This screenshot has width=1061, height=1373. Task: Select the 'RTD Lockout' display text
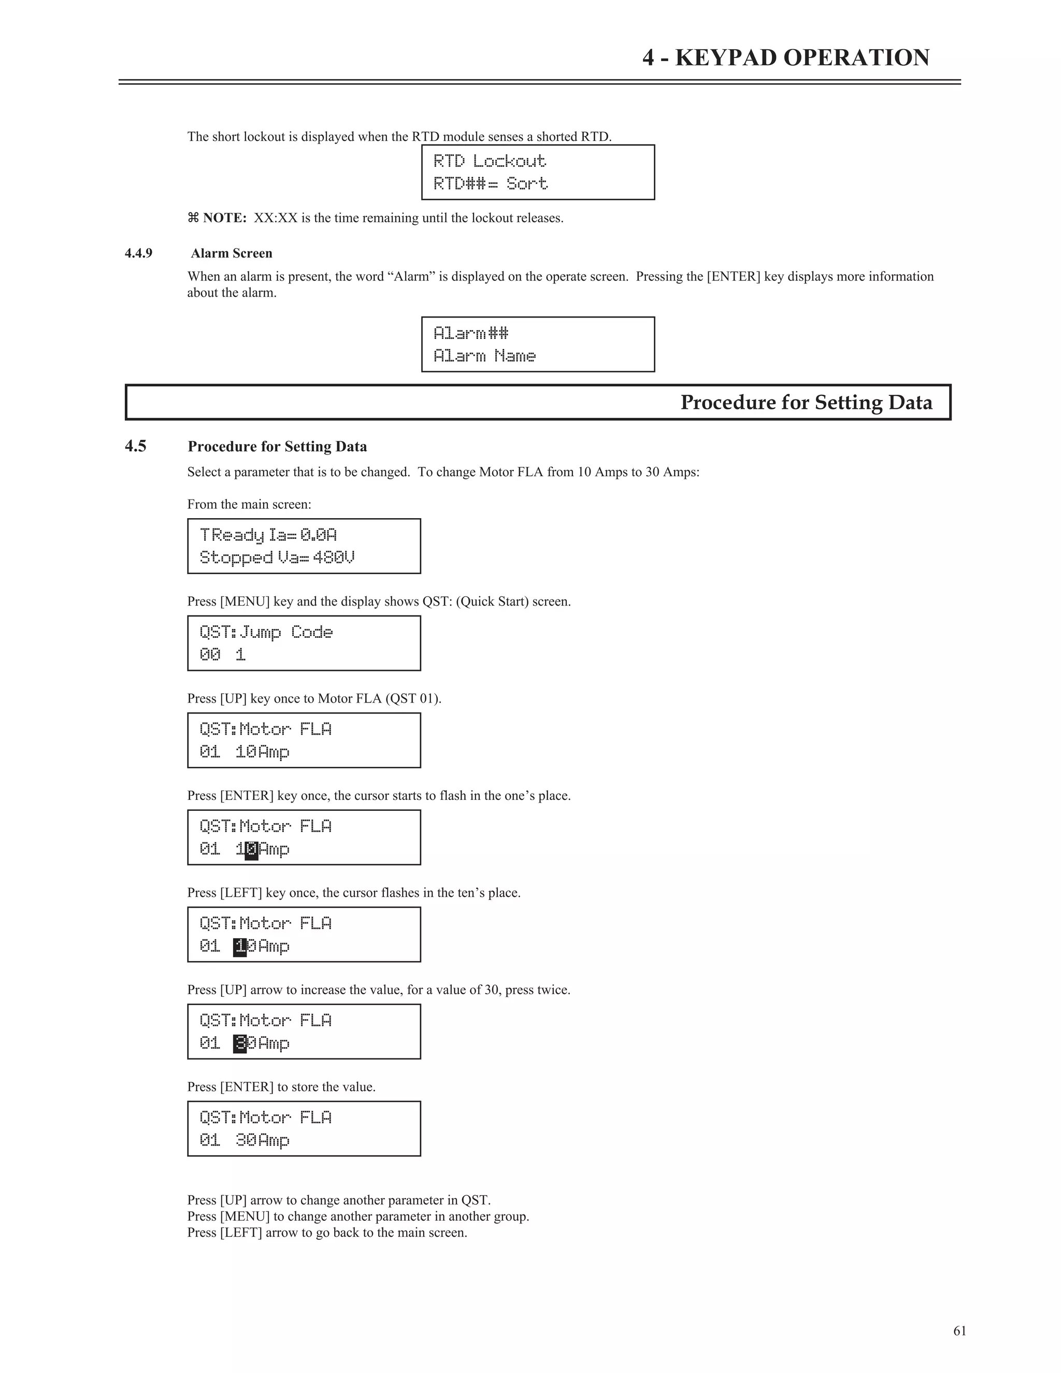click(x=490, y=161)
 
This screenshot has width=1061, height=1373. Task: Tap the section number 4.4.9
click(x=138, y=253)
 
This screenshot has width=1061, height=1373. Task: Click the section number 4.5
click(x=135, y=446)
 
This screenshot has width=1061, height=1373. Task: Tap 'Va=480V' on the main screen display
click(x=316, y=557)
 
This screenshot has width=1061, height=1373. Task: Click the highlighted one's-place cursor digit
click(x=251, y=850)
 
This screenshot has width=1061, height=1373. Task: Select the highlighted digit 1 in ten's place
click(x=239, y=947)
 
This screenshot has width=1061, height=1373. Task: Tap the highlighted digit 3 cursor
click(x=239, y=1044)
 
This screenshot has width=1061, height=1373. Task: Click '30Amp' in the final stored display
click(x=262, y=1141)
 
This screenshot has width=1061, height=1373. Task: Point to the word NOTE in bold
click(x=224, y=218)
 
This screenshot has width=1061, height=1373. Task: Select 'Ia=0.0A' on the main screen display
click(x=303, y=535)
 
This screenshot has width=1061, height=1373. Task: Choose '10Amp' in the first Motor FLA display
click(x=262, y=752)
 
